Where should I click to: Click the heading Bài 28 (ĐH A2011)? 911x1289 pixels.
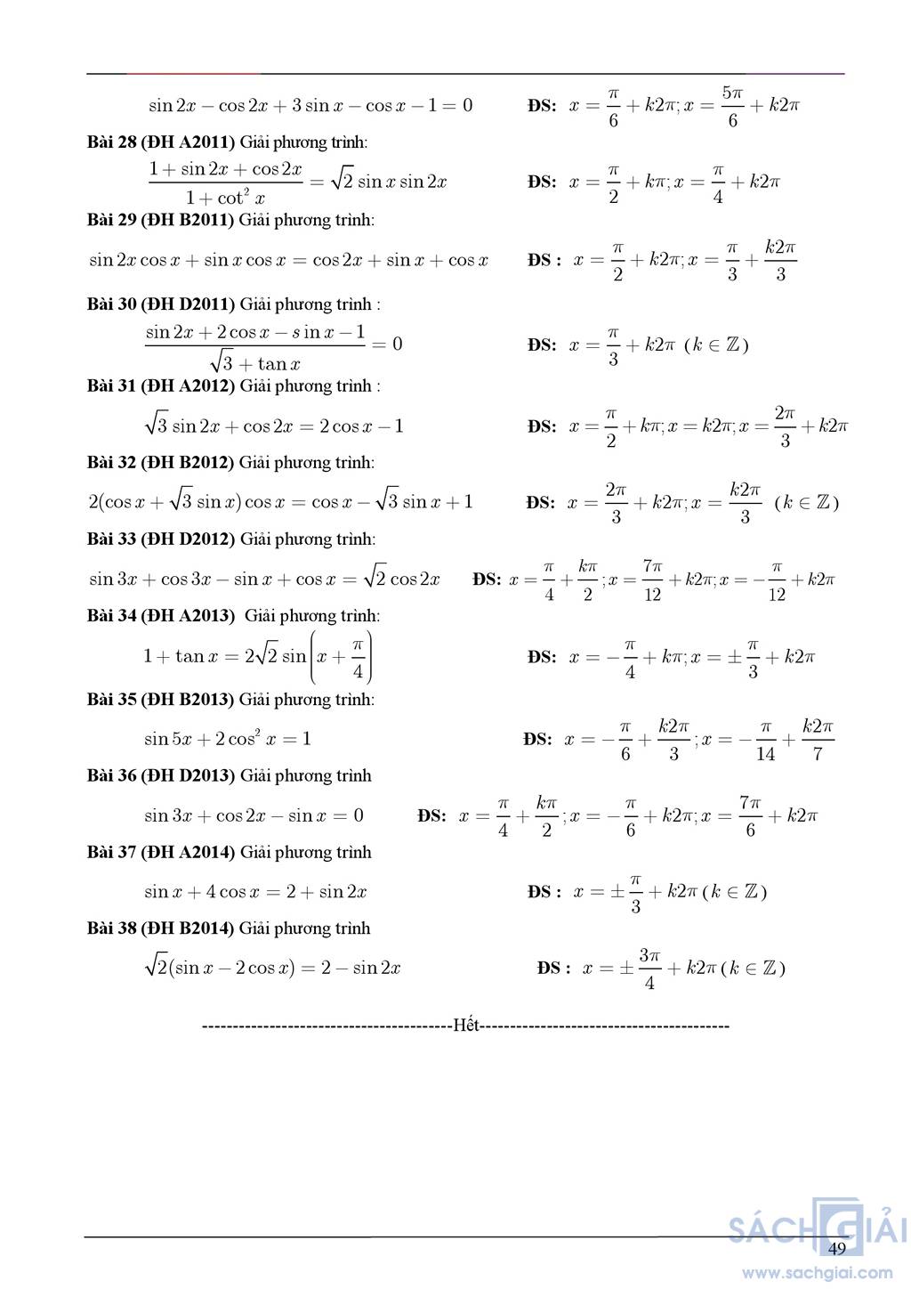pyautogui.click(x=160, y=142)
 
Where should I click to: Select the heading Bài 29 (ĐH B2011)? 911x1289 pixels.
pyautogui.click(x=160, y=220)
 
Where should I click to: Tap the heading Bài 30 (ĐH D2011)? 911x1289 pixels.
pyautogui.click(x=161, y=304)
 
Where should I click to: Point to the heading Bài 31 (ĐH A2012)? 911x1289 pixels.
pyautogui.click(x=161, y=386)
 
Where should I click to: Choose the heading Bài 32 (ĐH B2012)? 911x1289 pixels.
pyautogui.click(x=160, y=463)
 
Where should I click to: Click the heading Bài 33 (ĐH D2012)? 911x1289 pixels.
pyautogui.click(x=161, y=539)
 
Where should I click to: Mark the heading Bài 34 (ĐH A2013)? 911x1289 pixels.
pyautogui.click(x=160, y=616)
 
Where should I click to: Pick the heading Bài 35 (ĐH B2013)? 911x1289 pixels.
pyautogui.click(x=160, y=700)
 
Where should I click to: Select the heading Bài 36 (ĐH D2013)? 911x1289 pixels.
pyautogui.click(x=161, y=776)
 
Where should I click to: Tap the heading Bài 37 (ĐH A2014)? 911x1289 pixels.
pyautogui.click(x=161, y=853)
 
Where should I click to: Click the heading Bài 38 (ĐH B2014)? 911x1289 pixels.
pyautogui.click(x=160, y=929)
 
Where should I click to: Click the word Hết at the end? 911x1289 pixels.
pyautogui.click(x=466, y=1026)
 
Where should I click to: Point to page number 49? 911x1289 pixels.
pyautogui.click(x=836, y=1248)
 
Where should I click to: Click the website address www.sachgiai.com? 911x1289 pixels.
pyautogui.click(x=818, y=1272)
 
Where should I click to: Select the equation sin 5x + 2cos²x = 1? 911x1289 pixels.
pyautogui.click(x=228, y=739)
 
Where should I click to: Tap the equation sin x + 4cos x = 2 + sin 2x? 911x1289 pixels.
pyautogui.click(x=255, y=892)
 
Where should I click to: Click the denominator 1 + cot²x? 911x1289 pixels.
pyautogui.click(x=225, y=198)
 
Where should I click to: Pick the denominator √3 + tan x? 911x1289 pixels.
pyautogui.click(x=256, y=363)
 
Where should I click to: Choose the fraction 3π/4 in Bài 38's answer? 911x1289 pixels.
pyautogui.click(x=649, y=969)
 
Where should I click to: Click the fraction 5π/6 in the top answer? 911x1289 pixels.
pyautogui.click(x=732, y=106)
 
